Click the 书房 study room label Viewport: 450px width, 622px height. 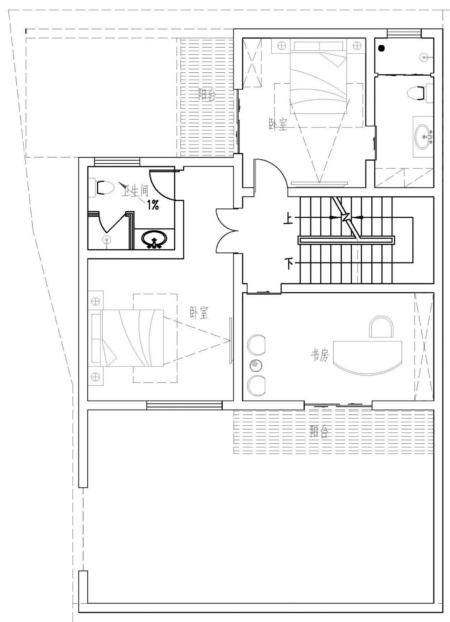click(x=319, y=355)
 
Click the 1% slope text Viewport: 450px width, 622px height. click(x=152, y=206)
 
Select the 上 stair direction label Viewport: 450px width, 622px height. click(x=288, y=220)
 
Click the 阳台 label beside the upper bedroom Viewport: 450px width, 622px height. click(x=207, y=95)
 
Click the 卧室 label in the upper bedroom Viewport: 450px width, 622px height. click(x=278, y=124)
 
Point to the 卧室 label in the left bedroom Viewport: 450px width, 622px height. click(x=199, y=313)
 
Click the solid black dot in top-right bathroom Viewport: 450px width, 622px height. click(x=382, y=48)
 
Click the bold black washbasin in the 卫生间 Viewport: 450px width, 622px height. click(x=154, y=239)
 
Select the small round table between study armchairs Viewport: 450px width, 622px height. click(x=254, y=364)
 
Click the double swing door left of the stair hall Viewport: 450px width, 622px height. click(x=227, y=230)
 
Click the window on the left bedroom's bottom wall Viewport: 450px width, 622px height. click(x=185, y=405)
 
